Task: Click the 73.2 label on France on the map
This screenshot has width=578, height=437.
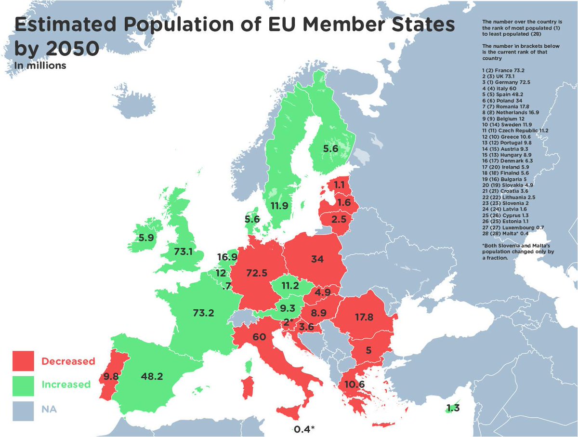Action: tap(203, 313)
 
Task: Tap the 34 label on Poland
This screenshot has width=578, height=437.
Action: tap(317, 259)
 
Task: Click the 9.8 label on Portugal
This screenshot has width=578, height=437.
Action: tap(110, 376)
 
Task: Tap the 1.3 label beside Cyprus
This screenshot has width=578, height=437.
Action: tap(453, 409)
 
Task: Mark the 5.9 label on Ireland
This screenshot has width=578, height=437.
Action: tap(146, 238)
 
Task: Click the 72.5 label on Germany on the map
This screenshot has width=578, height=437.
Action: tap(256, 273)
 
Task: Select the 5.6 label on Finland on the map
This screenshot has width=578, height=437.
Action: tap(330, 149)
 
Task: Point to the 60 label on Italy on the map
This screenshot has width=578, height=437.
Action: tap(259, 337)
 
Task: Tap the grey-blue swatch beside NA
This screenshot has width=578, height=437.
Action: tap(23, 410)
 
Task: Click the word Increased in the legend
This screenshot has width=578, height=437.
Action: tap(66, 384)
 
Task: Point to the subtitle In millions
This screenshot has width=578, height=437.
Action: tap(40, 66)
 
